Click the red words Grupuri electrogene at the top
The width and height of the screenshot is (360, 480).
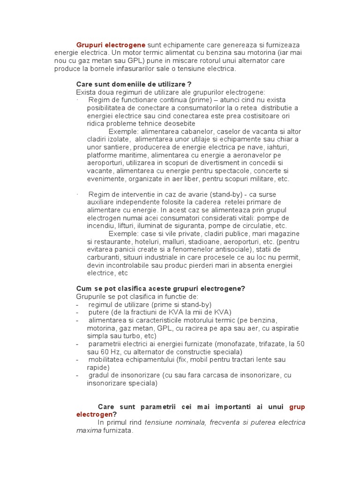click(111, 45)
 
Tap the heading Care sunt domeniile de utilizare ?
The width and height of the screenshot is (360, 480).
click(134, 84)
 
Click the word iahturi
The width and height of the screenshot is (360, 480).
click(290, 147)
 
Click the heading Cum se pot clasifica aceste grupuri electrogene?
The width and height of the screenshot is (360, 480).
click(160, 289)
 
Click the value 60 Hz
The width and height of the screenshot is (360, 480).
click(109, 352)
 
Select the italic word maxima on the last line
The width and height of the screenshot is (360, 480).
click(89, 430)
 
